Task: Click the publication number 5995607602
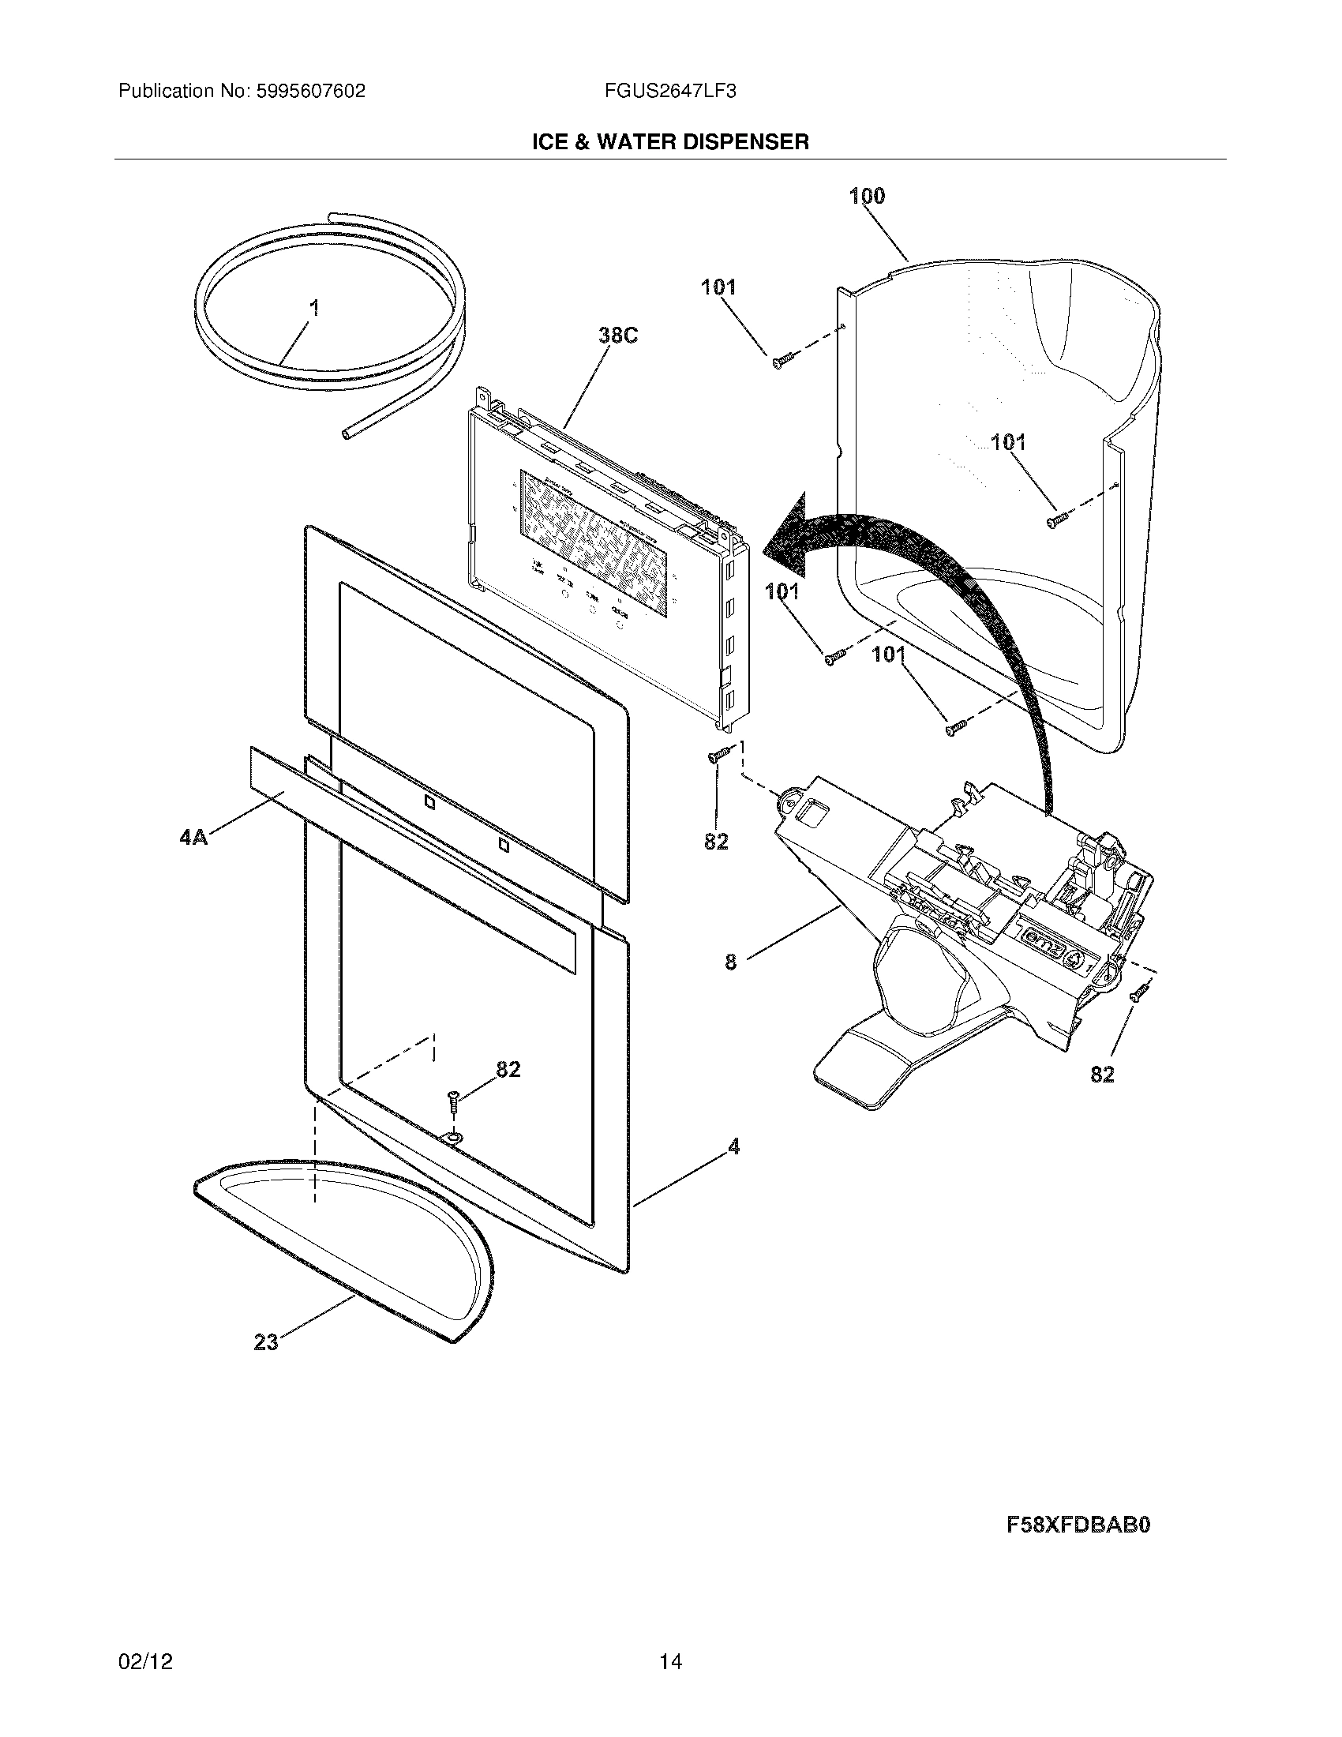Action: click(x=310, y=92)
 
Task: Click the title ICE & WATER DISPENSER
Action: click(x=670, y=142)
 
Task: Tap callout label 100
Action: click(x=867, y=196)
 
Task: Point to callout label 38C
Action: click(x=618, y=336)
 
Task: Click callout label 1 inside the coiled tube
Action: click(x=315, y=308)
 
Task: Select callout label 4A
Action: click(x=193, y=837)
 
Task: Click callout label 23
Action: click(x=265, y=1342)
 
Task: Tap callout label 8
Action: click(x=731, y=962)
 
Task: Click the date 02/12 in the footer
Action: click(x=145, y=1662)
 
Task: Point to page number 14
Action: click(x=670, y=1662)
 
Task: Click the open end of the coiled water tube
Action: click(x=346, y=434)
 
